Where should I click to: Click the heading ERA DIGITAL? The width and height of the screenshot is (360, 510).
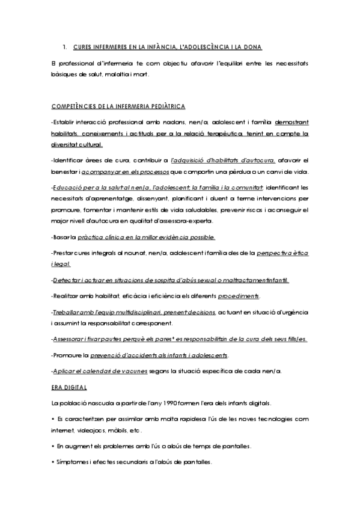coord(70,387)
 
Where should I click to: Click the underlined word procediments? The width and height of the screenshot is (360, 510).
coord(239,297)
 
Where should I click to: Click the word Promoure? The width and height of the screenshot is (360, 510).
coord(69,355)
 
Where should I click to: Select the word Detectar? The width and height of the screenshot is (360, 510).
coord(68,280)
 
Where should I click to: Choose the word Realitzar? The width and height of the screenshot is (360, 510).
coord(69,297)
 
